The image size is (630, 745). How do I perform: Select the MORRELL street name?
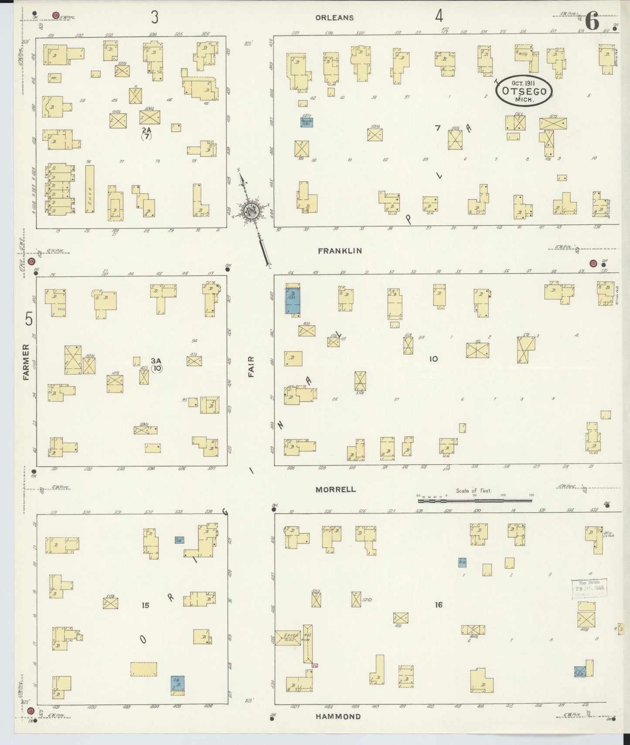[336, 490]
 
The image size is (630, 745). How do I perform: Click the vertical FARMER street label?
[26, 362]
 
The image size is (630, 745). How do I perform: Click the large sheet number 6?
[592, 21]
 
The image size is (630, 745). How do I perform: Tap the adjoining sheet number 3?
[154, 17]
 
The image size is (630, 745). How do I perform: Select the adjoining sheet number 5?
[29, 319]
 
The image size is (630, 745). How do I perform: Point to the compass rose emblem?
[252, 210]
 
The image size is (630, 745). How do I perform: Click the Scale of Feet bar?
[475, 501]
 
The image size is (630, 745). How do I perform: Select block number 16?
[439, 605]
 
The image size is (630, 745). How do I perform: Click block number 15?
[146, 605]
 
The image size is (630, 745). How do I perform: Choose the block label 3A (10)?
[157, 364]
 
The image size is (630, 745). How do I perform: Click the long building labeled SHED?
[90, 189]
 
